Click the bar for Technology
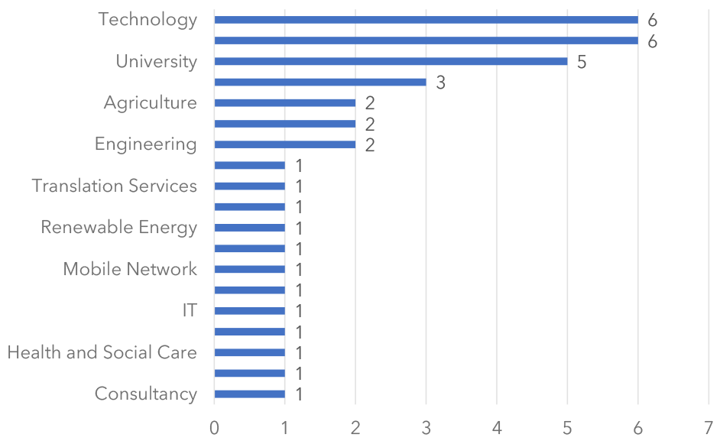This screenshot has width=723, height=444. point(426,20)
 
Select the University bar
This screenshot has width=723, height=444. point(391,61)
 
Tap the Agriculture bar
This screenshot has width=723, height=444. point(284,102)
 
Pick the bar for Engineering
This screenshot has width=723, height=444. point(284,144)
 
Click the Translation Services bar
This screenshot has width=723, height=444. point(249,186)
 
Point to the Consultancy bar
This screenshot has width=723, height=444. point(249,394)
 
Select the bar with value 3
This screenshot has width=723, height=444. point(319,82)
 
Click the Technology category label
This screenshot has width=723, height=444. point(148,20)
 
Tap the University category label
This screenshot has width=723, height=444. point(156,61)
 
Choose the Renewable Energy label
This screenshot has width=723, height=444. point(118,227)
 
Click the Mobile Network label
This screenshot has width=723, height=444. point(130,269)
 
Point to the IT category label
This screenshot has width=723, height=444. point(190,310)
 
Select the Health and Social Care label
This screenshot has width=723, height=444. point(102,352)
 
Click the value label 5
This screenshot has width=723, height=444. point(582,62)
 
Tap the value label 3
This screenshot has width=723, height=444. point(440,83)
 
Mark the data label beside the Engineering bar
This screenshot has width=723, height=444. point(370,145)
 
